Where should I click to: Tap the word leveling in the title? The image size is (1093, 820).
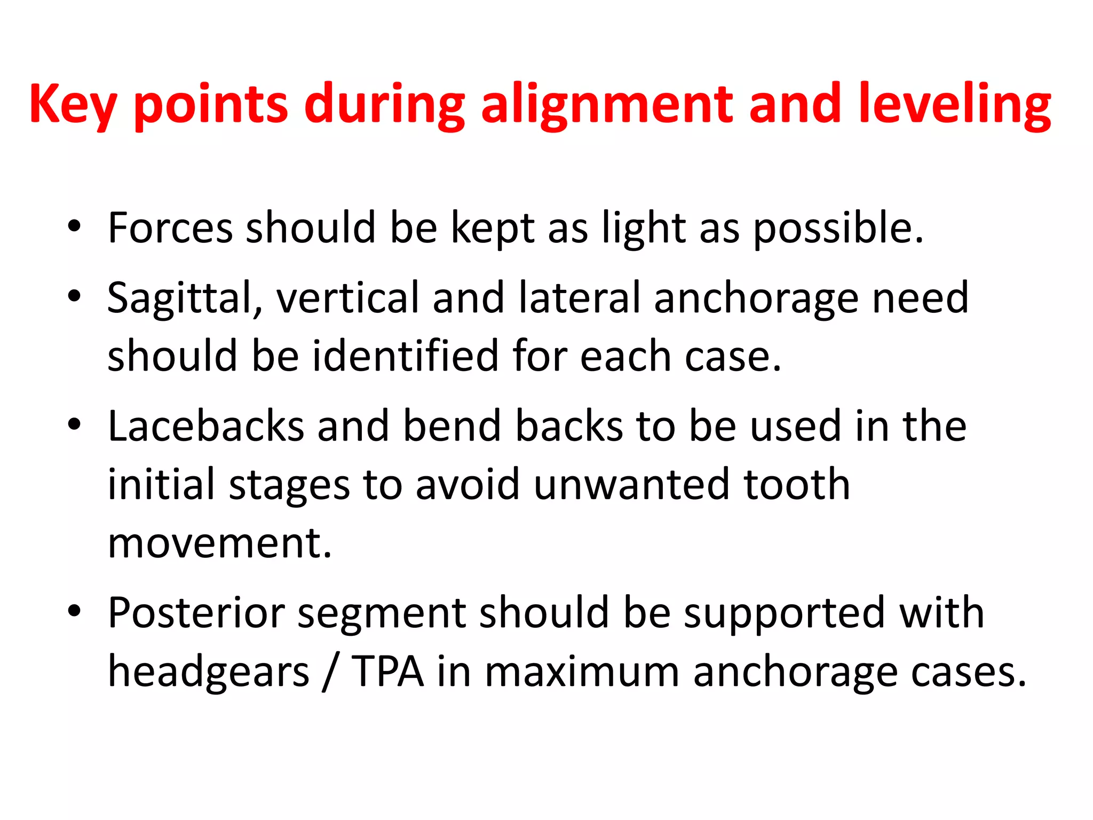click(955, 105)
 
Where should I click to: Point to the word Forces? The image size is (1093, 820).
click(170, 228)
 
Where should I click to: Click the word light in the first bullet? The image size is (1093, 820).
click(644, 228)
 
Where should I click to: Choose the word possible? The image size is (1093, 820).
click(838, 228)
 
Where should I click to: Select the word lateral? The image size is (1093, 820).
click(580, 298)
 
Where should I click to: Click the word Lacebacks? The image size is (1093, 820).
click(206, 426)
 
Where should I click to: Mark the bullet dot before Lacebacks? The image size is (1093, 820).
click(74, 424)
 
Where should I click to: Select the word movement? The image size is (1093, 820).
click(219, 543)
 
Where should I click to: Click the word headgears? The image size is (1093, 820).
click(208, 672)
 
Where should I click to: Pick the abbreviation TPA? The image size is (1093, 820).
click(388, 672)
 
